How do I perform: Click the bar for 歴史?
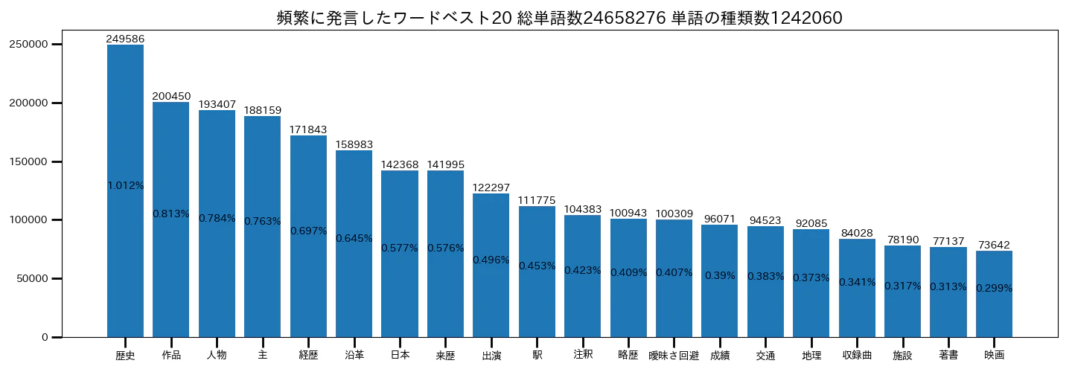tap(125, 190)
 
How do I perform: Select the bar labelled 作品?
tap(171, 219)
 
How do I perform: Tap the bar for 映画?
tap(994, 294)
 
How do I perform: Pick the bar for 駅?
tap(537, 272)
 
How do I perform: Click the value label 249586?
tap(125, 39)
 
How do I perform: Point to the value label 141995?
tap(445, 164)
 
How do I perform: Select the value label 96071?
tap(719, 219)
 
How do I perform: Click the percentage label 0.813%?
tap(171, 214)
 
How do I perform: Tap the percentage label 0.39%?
tap(720, 275)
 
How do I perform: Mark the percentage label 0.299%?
tap(994, 288)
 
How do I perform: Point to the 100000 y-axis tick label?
tap(29, 220)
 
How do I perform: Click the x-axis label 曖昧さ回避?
tap(674, 356)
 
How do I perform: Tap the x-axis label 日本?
tap(400, 355)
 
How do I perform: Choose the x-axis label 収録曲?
tap(857, 356)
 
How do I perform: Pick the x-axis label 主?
tap(262, 355)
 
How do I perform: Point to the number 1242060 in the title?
tap(806, 18)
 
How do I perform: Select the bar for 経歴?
tap(308, 236)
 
